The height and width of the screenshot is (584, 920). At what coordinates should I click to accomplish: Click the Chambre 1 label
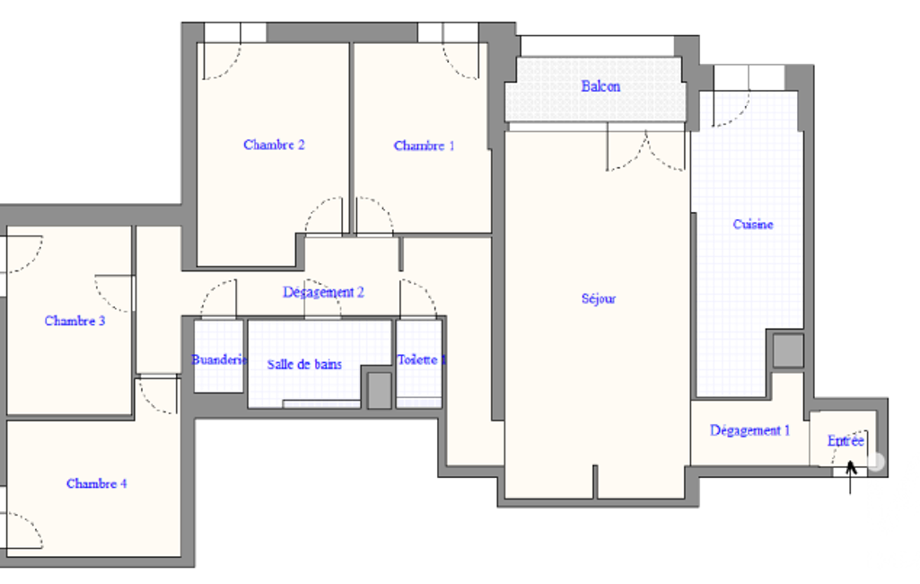click(424, 146)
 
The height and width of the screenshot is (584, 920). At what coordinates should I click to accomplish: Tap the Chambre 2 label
click(274, 145)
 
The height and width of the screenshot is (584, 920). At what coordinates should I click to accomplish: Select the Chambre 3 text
click(74, 321)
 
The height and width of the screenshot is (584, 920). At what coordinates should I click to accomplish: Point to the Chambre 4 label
click(96, 483)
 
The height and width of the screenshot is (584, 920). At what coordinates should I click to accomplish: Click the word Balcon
click(600, 86)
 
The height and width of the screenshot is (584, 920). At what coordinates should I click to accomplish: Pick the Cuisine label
click(753, 224)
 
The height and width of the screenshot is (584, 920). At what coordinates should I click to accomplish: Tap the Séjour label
click(599, 298)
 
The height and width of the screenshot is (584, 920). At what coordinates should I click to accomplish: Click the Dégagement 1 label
click(749, 430)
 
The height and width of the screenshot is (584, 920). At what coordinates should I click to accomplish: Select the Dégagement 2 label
click(323, 292)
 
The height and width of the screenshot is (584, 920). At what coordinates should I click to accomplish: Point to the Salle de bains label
click(304, 364)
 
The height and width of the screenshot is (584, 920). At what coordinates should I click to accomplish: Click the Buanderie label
click(219, 359)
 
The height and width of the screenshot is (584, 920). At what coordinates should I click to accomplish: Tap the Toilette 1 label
click(421, 359)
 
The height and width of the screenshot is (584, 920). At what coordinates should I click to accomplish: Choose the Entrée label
click(846, 440)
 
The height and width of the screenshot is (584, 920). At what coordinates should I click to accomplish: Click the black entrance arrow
click(850, 477)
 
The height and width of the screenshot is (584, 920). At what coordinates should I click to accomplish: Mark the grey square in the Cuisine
click(787, 350)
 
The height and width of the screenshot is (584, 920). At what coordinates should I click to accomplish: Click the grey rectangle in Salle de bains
click(379, 390)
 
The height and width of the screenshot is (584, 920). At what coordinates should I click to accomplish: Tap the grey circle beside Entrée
click(875, 462)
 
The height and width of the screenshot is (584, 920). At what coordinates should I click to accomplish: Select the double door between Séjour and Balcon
click(645, 152)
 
